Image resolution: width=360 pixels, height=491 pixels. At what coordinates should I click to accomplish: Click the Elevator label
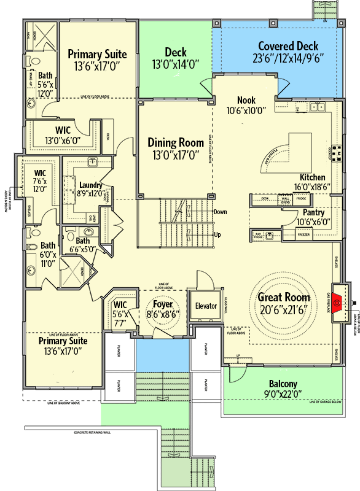tap(205, 306)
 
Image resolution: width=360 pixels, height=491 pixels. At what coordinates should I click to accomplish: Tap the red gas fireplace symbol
tap(336, 290)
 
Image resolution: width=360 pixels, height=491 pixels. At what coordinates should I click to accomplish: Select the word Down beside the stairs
tap(220, 212)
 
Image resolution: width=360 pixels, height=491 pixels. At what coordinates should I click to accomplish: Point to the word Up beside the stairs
tap(216, 234)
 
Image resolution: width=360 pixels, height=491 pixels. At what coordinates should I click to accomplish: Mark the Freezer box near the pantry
tap(304, 234)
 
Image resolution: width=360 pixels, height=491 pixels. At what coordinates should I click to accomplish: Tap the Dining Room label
tap(176, 142)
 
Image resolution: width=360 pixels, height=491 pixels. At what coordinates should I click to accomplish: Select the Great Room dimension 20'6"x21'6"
tap(282, 309)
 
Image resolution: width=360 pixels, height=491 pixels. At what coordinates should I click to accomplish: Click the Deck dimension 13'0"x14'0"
tap(176, 64)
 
